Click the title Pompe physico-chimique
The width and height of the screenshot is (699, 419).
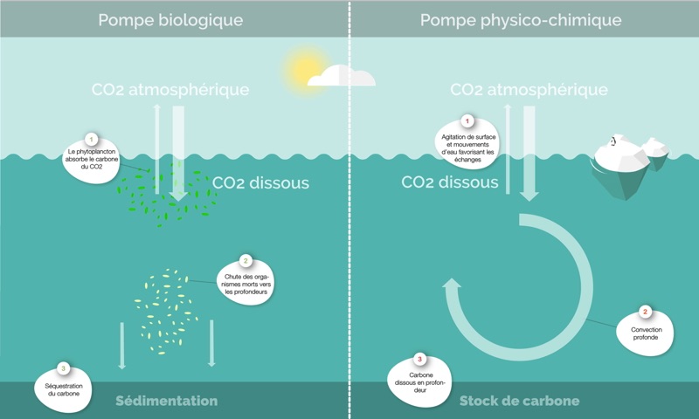(x=521, y=19)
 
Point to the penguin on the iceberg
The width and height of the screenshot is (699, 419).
(x=613, y=141)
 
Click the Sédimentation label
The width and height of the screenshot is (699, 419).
(x=167, y=401)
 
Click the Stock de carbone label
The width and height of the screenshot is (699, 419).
(x=519, y=401)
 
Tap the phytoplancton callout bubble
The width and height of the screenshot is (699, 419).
(x=92, y=157)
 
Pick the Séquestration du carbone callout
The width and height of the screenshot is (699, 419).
(x=62, y=383)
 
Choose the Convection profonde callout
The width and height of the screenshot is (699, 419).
(x=646, y=332)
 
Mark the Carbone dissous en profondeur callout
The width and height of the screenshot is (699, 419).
(x=420, y=378)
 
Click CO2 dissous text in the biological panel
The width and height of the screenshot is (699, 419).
(x=260, y=183)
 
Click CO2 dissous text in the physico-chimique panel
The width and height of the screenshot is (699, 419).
(x=450, y=182)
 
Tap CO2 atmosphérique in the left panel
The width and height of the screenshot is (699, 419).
(x=171, y=90)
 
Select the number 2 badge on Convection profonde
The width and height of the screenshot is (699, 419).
(x=646, y=312)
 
